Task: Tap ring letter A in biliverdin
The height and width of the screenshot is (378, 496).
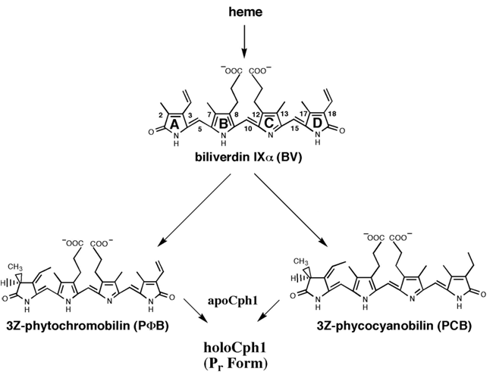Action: click(175, 123)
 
